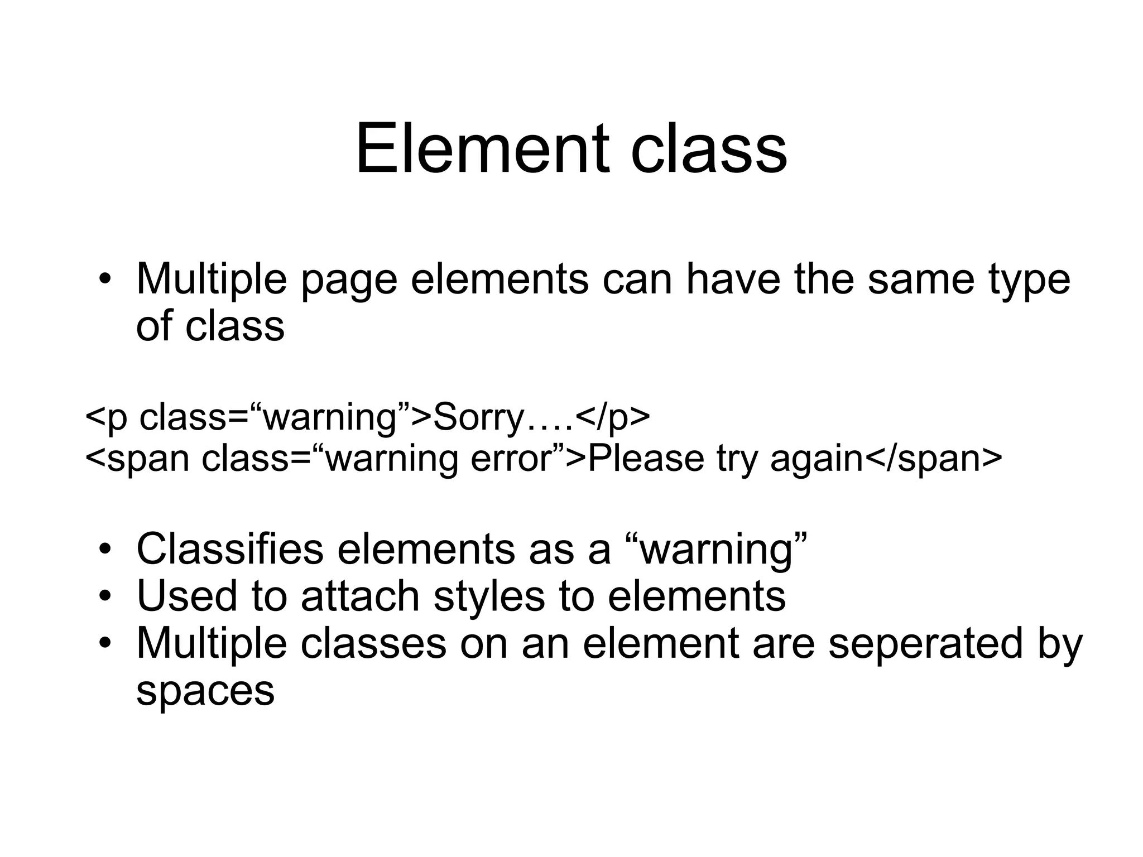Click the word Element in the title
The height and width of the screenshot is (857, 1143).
(482, 150)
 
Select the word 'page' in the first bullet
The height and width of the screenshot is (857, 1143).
(349, 280)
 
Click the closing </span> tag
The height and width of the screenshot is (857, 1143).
(933, 459)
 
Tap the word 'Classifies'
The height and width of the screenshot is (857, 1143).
(229, 549)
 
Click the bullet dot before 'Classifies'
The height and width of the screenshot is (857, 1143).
(104, 550)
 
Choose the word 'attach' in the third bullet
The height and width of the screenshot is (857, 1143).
(360, 596)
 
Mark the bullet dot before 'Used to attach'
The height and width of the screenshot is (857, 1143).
(104, 597)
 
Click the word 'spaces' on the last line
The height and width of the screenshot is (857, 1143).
(205, 691)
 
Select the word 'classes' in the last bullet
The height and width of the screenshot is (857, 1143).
(373, 643)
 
